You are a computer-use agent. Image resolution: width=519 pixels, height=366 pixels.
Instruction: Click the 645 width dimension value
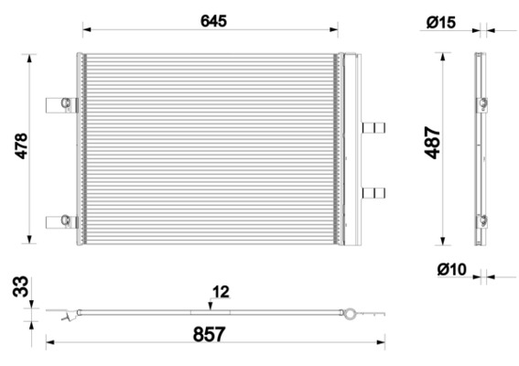(x=213, y=21)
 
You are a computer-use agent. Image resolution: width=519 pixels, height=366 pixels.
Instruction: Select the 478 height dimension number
(x=21, y=145)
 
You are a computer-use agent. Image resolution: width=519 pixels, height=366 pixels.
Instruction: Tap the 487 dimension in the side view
(x=432, y=143)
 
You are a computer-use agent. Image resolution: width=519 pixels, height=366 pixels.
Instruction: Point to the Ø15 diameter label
(x=441, y=23)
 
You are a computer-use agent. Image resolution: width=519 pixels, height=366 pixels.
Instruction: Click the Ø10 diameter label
(x=452, y=269)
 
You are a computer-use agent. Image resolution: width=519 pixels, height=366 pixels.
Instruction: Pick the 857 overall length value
(x=210, y=334)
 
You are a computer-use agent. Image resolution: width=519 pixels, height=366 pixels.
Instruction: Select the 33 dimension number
(x=20, y=286)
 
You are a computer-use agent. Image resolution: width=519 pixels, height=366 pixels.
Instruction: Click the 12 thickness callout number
(x=221, y=292)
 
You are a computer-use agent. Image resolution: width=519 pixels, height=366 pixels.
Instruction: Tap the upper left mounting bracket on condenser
(x=62, y=105)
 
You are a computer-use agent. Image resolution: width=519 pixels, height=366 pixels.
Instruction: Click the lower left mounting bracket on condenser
(x=62, y=221)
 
